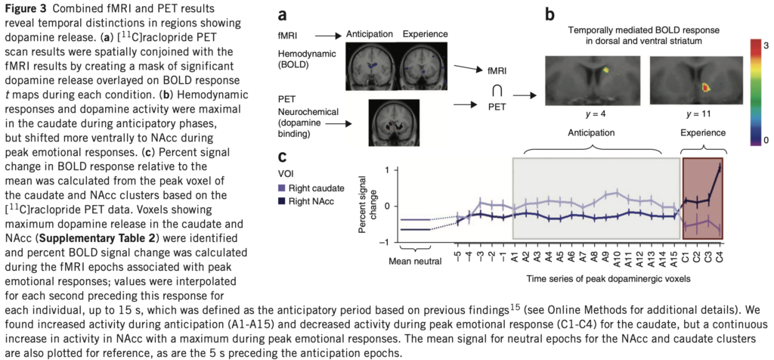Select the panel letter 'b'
coord(550,14)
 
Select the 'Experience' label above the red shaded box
coord(704,132)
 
